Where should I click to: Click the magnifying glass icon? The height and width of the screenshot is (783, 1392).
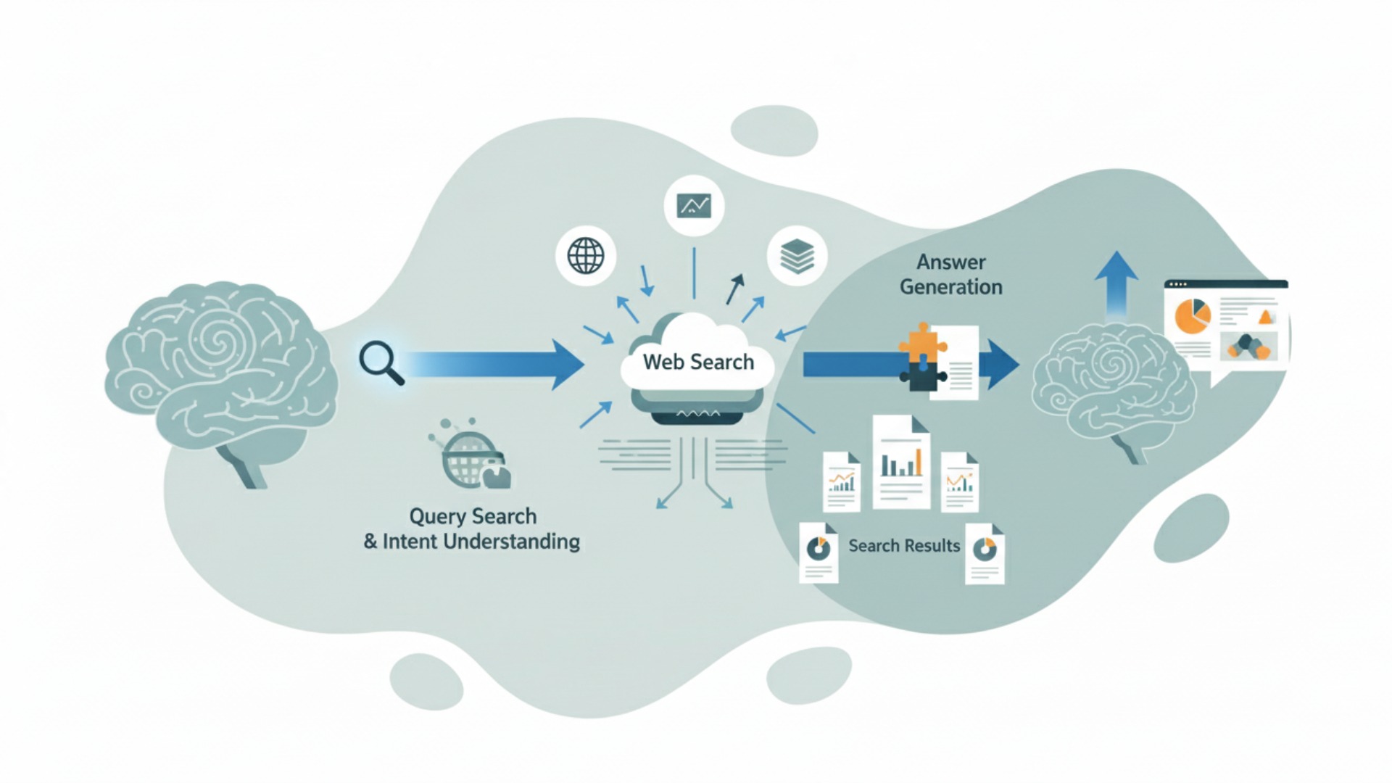tap(380, 361)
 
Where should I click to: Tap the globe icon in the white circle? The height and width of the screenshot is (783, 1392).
tap(586, 255)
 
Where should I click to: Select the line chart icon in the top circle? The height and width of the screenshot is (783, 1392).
tap(694, 206)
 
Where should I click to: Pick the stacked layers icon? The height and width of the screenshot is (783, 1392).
tap(797, 256)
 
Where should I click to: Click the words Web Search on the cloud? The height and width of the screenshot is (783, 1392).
tap(698, 362)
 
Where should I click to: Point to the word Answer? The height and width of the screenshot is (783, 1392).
tap(951, 262)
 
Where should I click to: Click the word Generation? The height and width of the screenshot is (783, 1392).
tap(951, 287)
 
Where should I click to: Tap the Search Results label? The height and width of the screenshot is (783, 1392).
tap(904, 545)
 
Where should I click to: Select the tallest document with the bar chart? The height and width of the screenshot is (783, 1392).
tap(901, 461)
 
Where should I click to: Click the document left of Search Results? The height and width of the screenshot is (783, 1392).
tap(819, 552)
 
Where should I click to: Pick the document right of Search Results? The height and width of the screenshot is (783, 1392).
tap(985, 553)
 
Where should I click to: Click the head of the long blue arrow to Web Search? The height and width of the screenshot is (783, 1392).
tap(567, 364)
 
